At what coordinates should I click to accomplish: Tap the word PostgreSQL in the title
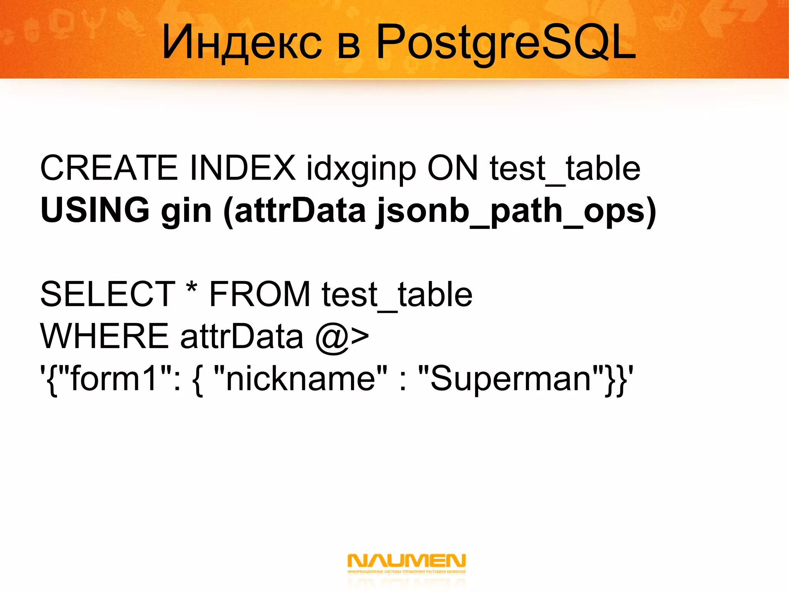click(505, 42)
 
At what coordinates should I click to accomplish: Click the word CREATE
click(109, 168)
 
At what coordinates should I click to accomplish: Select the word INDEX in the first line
click(243, 168)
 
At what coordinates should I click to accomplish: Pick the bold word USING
click(95, 210)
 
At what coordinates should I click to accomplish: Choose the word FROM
click(260, 294)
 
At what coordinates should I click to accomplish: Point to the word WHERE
click(104, 336)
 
